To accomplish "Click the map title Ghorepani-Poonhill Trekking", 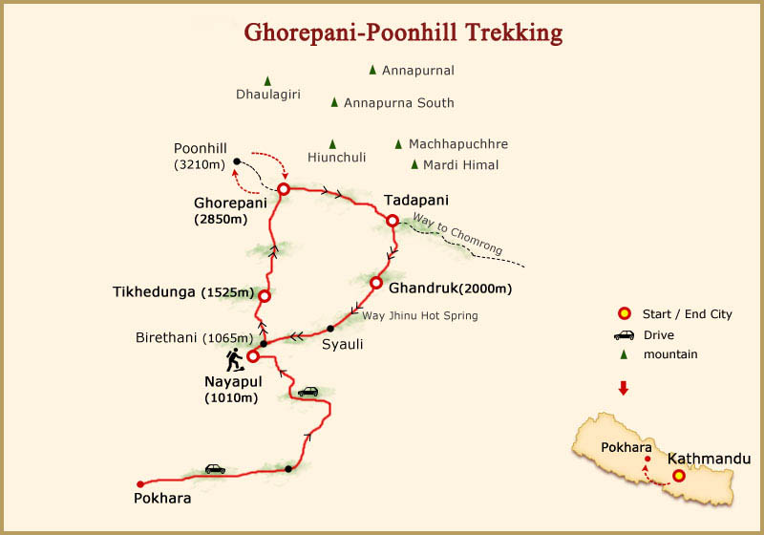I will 403,32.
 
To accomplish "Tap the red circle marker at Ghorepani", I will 284,189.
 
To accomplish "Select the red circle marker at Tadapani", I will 392,221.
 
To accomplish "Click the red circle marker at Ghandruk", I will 376,284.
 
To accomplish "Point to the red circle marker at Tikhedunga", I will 265,296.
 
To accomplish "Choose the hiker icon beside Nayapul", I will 233,359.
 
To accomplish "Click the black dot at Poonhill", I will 237,161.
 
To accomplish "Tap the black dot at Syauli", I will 329,329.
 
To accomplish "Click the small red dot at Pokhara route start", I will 140,483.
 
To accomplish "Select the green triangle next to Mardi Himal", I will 414,164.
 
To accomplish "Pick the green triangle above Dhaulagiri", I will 267,81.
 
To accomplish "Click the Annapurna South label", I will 398,103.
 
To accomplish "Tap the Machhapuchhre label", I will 457,144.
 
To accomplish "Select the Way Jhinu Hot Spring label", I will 420,315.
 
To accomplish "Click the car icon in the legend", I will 625,334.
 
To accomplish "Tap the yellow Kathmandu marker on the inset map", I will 678,476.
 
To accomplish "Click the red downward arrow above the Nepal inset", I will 624,388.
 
